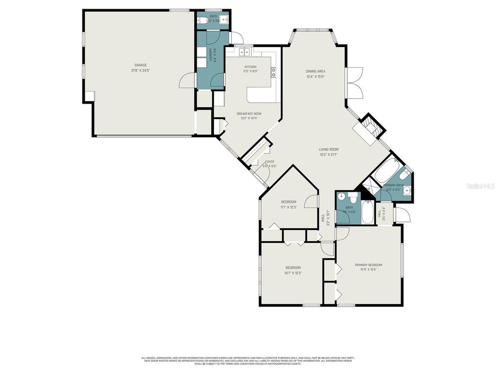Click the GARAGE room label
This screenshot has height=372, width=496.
(140, 65)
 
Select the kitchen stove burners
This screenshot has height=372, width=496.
(274, 73)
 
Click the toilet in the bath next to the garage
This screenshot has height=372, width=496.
(204, 20)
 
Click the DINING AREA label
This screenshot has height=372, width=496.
(315, 71)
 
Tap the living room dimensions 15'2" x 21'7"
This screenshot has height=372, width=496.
(328, 155)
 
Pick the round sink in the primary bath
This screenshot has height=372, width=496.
(407, 191)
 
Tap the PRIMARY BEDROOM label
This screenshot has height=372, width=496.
(368, 265)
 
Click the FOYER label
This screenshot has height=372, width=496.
(269, 162)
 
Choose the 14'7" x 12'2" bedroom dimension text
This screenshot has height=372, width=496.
(293, 273)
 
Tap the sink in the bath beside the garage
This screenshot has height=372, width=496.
(223, 20)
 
